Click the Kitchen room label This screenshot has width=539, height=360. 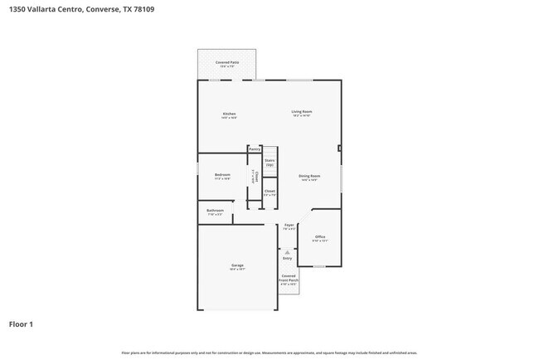[x=229, y=114]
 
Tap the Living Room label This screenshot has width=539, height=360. [x=301, y=112]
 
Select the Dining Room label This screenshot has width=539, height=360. [x=309, y=176]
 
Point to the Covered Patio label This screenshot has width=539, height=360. [x=226, y=62]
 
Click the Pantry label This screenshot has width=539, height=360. [x=255, y=149]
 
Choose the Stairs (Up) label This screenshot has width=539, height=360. [x=269, y=163]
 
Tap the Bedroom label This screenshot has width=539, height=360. [x=222, y=175]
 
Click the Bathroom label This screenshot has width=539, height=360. [x=215, y=212]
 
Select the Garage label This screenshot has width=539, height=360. [x=237, y=265]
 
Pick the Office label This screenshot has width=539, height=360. [x=320, y=237]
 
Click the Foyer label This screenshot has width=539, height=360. [x=289, y=226]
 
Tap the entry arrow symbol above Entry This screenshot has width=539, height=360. [x=288, y=251]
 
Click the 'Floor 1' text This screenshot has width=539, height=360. [x=22, y=324]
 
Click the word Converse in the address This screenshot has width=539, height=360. [x=103, y=9]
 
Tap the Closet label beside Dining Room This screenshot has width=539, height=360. [x=269, y=192]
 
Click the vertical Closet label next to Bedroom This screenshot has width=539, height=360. [x=257, y=177]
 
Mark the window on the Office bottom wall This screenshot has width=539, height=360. [x=319, y=266]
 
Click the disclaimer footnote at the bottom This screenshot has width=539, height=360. [x=269, y=353]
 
